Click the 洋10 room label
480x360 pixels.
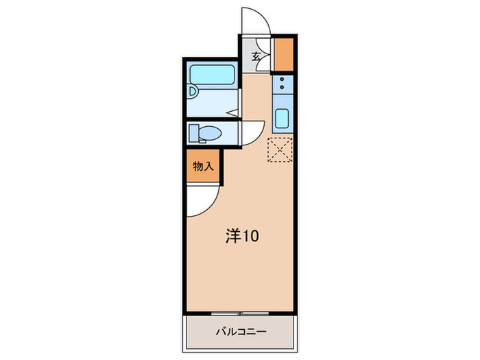242,237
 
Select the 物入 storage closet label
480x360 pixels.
204,167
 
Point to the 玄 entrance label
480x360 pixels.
256,56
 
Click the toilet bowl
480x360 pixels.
211,132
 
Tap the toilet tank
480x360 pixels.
193,132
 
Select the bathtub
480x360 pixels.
211,75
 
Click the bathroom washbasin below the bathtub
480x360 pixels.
193,91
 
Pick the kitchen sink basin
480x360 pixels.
282,119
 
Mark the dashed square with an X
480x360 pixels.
280,151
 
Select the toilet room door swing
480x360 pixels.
254,133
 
